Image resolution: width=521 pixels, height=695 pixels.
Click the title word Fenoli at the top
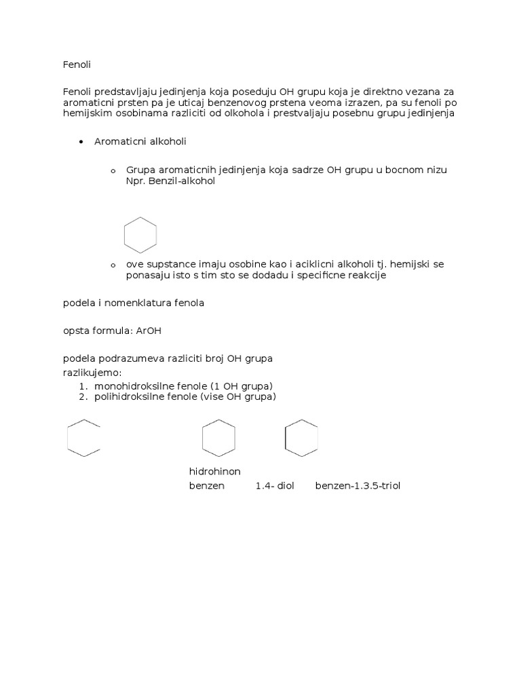pos(77,64)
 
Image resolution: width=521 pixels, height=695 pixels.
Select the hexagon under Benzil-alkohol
pos(140,235)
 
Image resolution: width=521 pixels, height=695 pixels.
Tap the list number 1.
pos(83,386)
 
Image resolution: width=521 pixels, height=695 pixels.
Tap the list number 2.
pos(83,397)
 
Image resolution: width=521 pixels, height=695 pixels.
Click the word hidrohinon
pos(214,472)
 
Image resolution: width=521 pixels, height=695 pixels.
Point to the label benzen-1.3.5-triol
pos(358,486)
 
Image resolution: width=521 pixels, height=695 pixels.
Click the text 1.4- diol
pos(275,486)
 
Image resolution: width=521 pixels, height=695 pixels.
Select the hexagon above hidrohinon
pos(218,438)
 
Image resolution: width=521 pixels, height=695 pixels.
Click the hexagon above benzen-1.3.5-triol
pos(301,438)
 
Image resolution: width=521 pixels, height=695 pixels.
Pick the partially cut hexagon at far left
pos(83,438)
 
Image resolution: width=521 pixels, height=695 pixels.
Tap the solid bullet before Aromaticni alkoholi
pos(81,142)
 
